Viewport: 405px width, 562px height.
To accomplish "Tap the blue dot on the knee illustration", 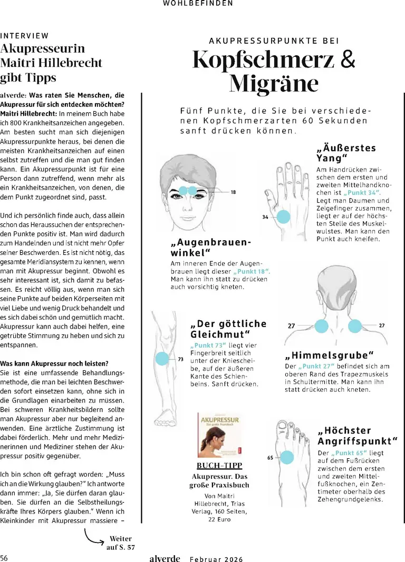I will (x=162, y=359).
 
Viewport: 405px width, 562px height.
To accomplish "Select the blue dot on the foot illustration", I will (x=286, y=457).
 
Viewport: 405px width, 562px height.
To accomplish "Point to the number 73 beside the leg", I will (x=180, y=359).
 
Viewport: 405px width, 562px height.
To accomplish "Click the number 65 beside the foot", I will (x=270, y=458).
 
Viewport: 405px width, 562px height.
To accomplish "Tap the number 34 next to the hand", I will (x=265, y=216).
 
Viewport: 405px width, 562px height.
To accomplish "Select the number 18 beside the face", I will (x=233, y=192).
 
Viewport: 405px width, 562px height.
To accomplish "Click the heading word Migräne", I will (x=274, y=84).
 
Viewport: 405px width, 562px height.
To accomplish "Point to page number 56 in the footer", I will (x=4, y=557).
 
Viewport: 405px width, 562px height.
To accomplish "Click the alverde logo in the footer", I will (x=165, y=558).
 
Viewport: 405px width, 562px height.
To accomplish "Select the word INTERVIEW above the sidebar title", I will (x=24, y=36).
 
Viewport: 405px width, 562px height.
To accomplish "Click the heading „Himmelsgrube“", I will (x=329, y=355).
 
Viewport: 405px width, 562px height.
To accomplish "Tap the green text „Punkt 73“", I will (x=208, y=345).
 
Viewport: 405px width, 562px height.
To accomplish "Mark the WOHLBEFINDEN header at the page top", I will (x=198, y=3).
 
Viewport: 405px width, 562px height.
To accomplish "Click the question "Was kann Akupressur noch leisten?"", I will (x=54, y=363).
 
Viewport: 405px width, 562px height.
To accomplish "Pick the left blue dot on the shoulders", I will (x=321, y=326).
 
